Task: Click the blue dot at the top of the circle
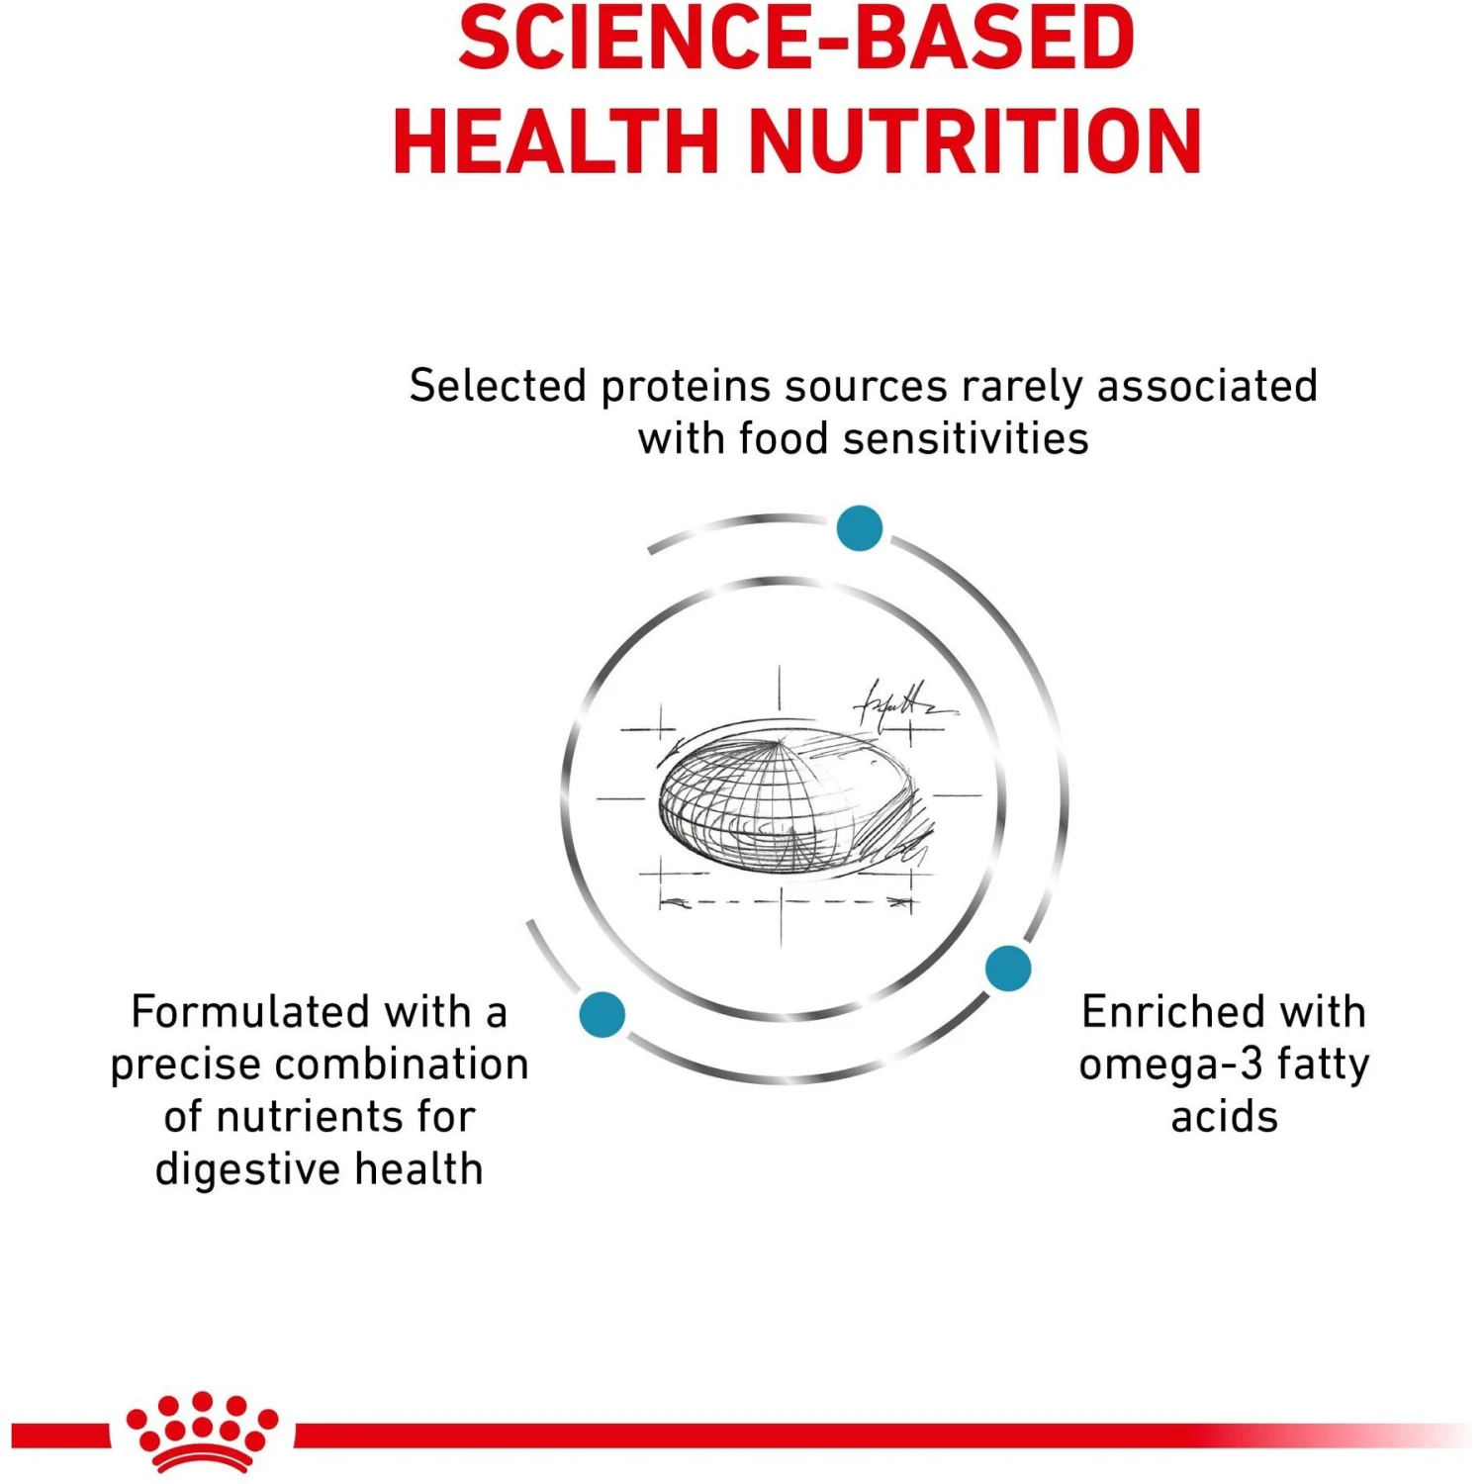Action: click(x=859, y=528)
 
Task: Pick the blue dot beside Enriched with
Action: click(x=1008, y=968)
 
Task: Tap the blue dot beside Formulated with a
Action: click(x=602, y=1014)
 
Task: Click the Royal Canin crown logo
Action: click(x=202, y=1431)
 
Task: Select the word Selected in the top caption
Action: click(x=499, y=386)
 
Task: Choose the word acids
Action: click(x=1224, y=1117)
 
